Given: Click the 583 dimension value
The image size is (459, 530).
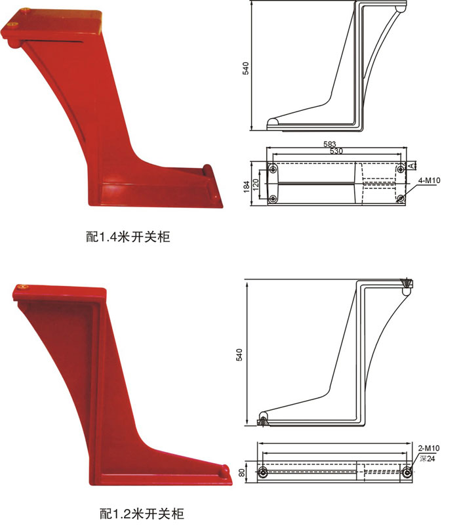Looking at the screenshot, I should pos(330,143).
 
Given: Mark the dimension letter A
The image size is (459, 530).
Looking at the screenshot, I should pos(412,166).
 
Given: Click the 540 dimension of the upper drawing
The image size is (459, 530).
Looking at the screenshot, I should pos(245,68).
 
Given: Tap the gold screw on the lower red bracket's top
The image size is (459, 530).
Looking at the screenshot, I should pos(24,287).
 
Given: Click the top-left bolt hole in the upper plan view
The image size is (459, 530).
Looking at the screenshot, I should pos(272,169).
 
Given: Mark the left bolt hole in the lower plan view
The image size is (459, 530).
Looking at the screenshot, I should pos(263,473).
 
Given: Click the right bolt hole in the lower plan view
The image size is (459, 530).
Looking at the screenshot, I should pos(407,473).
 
